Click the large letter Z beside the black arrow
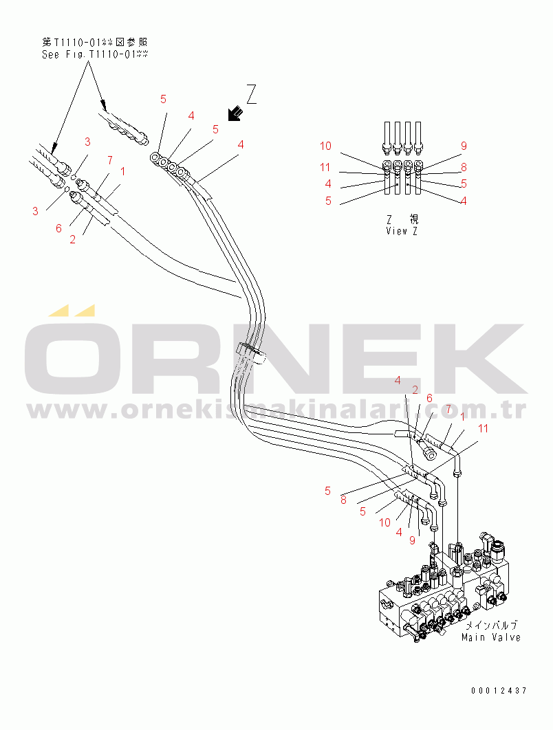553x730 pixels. point(252,94)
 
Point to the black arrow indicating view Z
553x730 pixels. point(235,113)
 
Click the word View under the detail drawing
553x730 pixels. point(396,231)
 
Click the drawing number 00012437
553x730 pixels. point(499,690)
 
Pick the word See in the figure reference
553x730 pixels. point(50,54)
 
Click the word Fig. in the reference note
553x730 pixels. point(76,54)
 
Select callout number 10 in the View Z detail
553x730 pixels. point(325,146)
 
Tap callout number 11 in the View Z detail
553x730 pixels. point(325,167)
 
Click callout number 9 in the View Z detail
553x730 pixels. point(464,146)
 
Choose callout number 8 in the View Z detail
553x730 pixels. point(464,167)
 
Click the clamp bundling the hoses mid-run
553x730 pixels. point(251,353)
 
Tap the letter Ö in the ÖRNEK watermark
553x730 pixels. point(72,349)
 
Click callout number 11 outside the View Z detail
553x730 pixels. point(483,428)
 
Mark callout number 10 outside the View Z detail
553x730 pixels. point(384,522)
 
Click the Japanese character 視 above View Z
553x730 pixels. point(413,219)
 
